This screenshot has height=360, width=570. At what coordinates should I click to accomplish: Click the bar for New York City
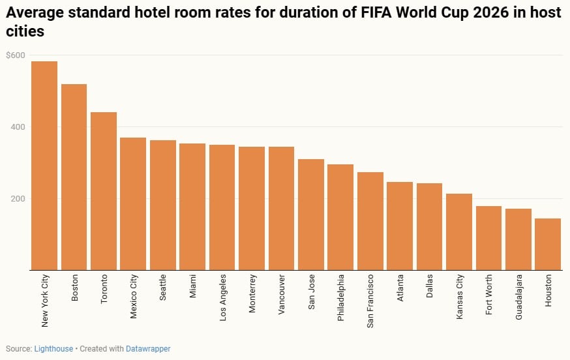pos(44,166)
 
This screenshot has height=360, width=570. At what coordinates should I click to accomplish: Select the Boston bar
pos(74,177)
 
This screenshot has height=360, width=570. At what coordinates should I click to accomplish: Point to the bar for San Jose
pos(311,215)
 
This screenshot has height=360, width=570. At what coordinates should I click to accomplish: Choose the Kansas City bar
pos(459,232)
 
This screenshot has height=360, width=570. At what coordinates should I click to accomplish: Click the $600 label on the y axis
pos(15,55)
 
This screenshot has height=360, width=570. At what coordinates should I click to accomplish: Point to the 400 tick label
pos(16,127)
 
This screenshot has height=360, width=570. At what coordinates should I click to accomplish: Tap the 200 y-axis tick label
pos(16,198)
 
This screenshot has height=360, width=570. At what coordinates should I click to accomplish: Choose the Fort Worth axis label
pos(489,294)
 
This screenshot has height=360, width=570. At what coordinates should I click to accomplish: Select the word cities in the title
pos(25,31)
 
